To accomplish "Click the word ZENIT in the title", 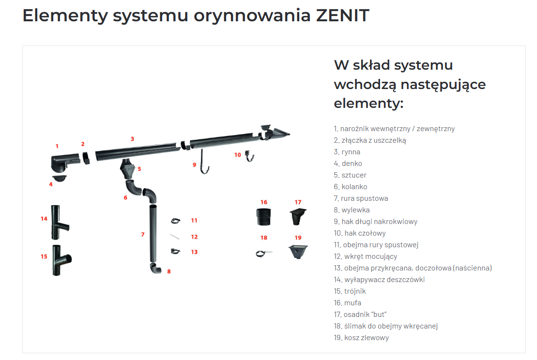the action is tap(342, 15).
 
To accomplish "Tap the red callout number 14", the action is tap(44, 219).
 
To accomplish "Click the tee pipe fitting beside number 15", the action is tap(61, 260).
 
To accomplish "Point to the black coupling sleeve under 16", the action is tap(264, 217).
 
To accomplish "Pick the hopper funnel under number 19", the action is tap(298, 252).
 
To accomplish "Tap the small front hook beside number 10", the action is tap(250, 156).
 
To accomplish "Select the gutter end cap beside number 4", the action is tap(60, 178).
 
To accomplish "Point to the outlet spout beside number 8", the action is tap(155, 268).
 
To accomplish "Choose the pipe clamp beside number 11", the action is tap(176, 221).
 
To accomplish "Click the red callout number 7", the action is tap(143, 234).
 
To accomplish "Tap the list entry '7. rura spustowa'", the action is tap(361, 198).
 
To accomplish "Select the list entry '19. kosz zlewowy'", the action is tap(361, 338).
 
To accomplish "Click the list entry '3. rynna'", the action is tap(347, 152).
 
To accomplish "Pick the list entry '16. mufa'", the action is tap(348, 303).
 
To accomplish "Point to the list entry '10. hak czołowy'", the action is tap(360, 233).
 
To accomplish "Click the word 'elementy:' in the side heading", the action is tap(369, 103).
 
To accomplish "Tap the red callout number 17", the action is tap(298, 202).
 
